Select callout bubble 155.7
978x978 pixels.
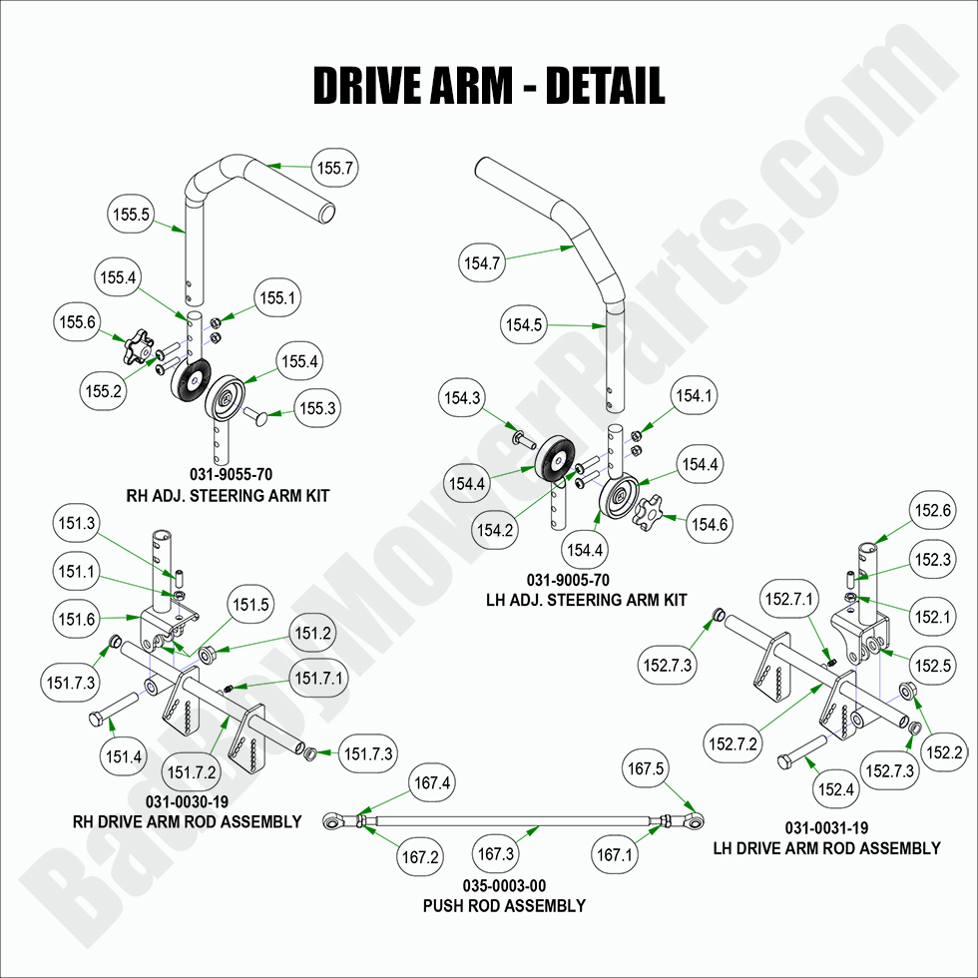click(x=336, y=170)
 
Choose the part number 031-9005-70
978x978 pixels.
click(x=568, y=581)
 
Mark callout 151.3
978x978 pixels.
click(x=77, y=523)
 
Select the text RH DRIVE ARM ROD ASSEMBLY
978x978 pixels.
click(x=187, y=822)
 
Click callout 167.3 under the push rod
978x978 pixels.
click(x=497, y=855)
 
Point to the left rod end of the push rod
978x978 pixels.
click(x=337, y=822)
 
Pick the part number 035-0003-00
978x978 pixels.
click(x=504, y=886)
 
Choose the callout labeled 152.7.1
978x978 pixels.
click(x=788, y=600)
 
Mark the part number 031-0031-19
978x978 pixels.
click(x=825, y=828)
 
